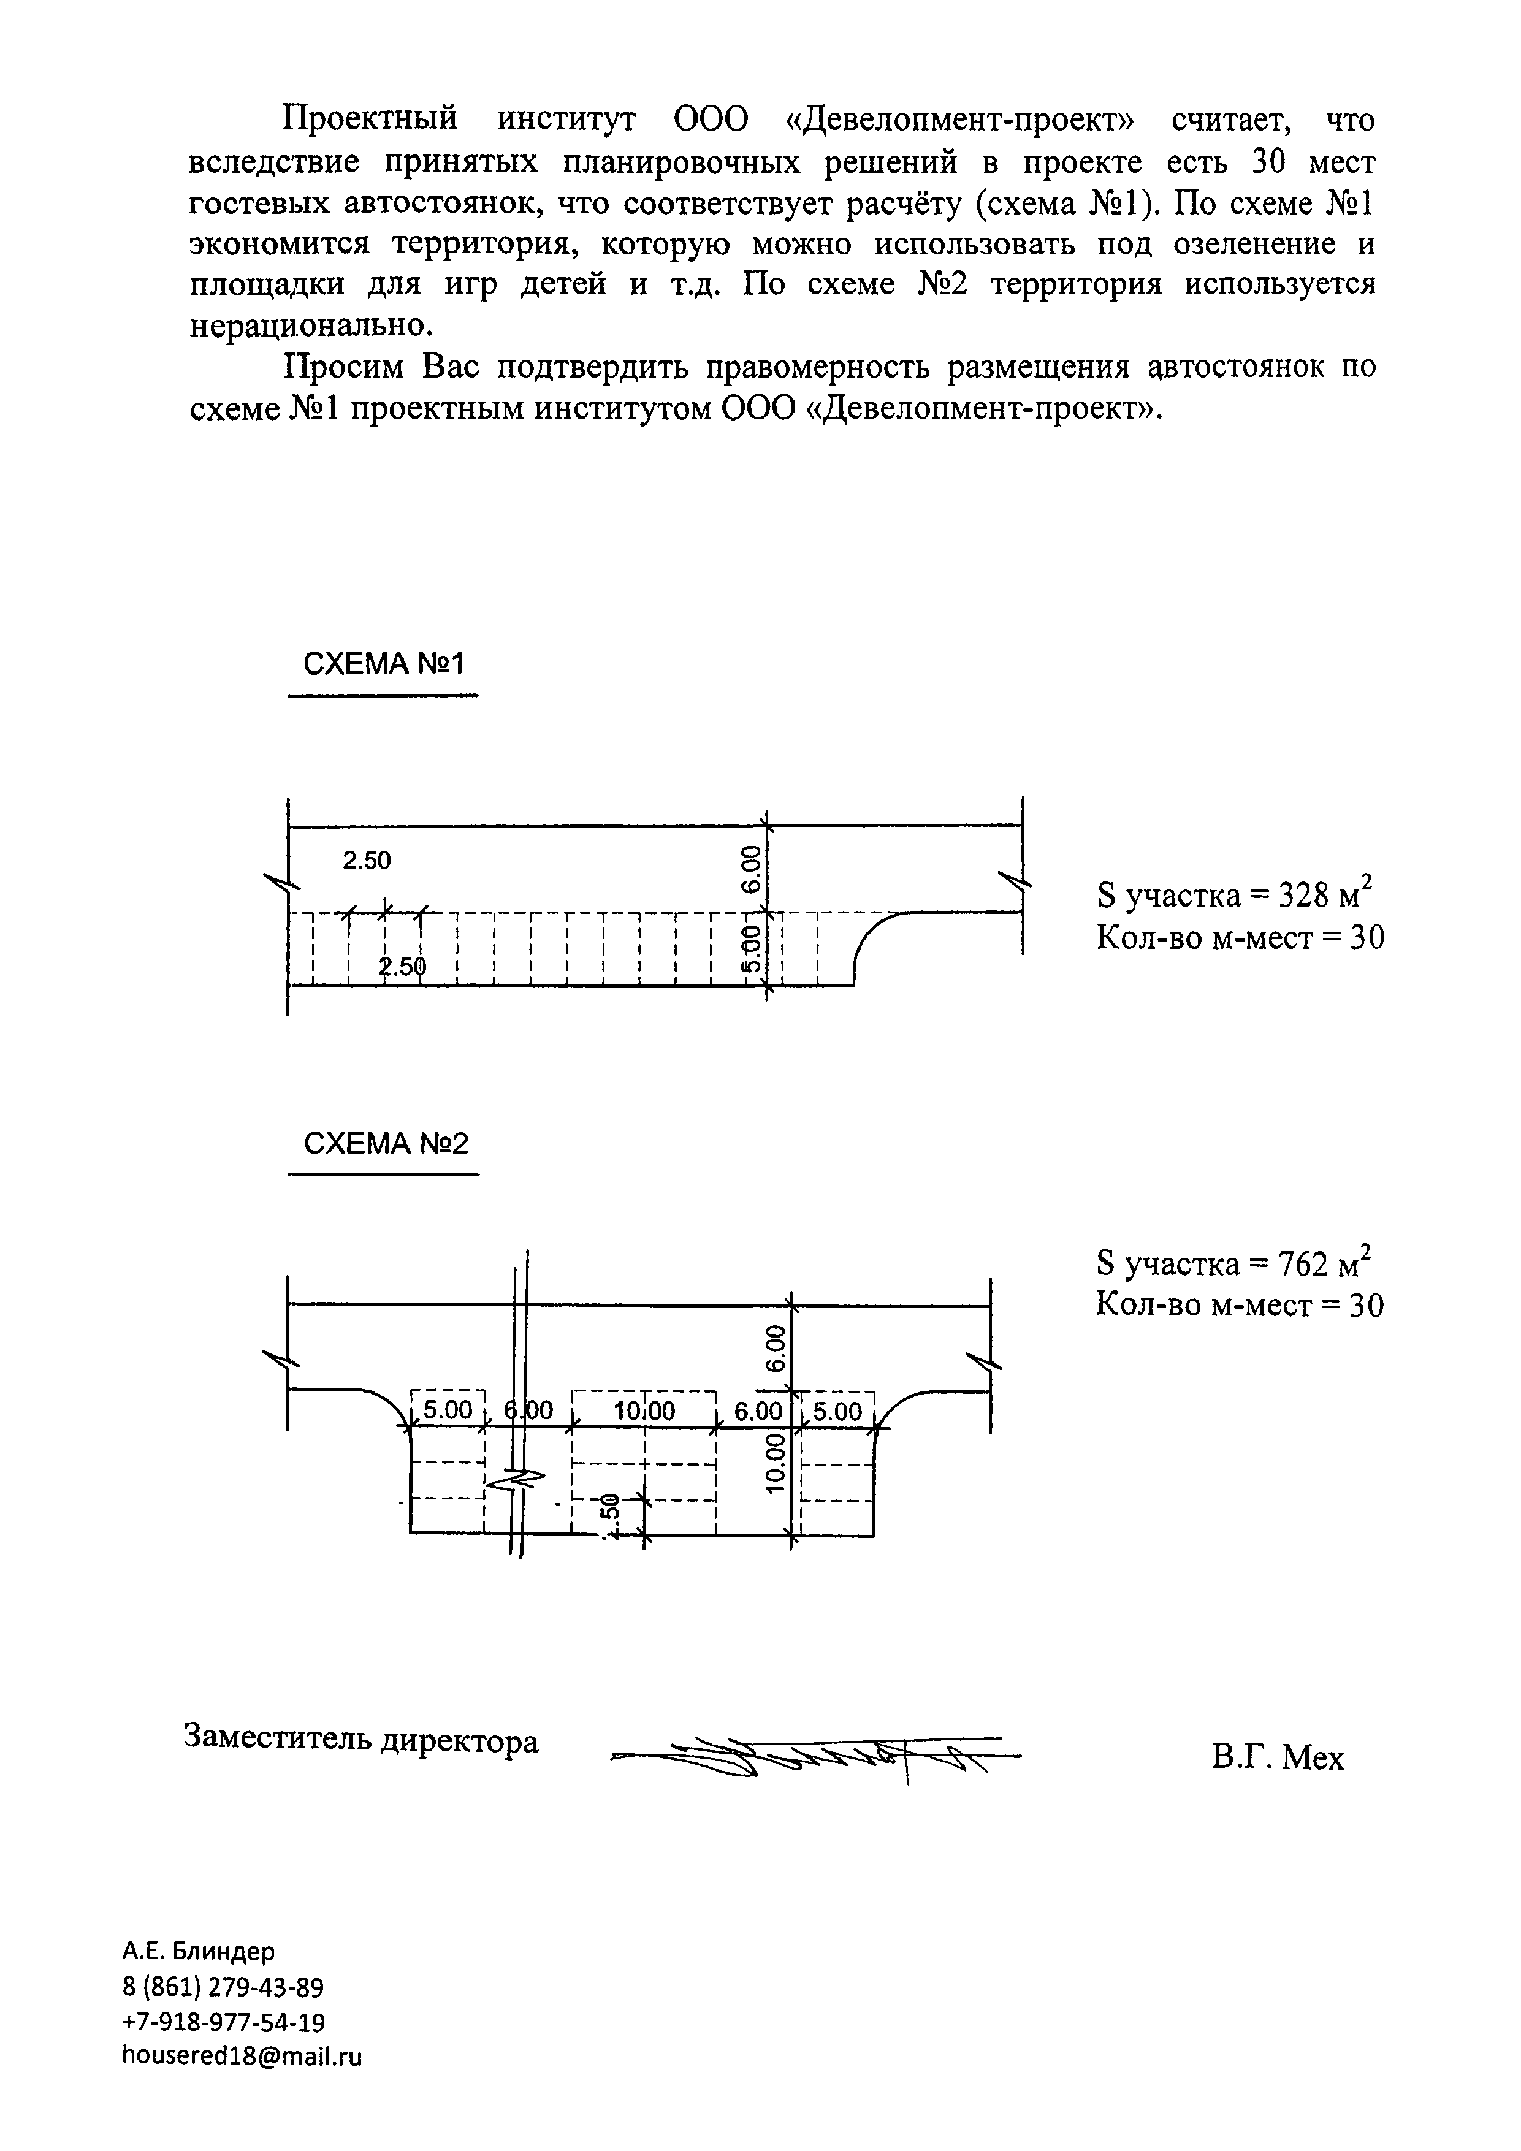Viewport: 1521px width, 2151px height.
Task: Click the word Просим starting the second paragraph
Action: pos(344,367)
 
